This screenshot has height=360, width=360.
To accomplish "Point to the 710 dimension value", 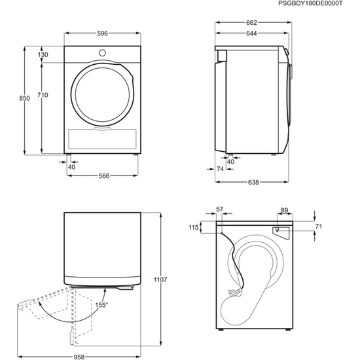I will [43, 96].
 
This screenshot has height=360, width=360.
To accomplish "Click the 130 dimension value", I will [43, 55].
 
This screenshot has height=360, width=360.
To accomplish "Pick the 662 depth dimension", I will [252, 22].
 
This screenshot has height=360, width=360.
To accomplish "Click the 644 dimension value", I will [252, 33].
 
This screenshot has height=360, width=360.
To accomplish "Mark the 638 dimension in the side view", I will [253, 181].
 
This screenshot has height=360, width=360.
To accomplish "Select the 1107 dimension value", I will [160, 279].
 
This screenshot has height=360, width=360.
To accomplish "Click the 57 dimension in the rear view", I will [219, 209].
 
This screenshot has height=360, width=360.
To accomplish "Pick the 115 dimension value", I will [193, 227].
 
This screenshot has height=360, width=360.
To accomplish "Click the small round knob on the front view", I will [101, 52].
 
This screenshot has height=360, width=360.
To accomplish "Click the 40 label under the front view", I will [71, 166].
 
